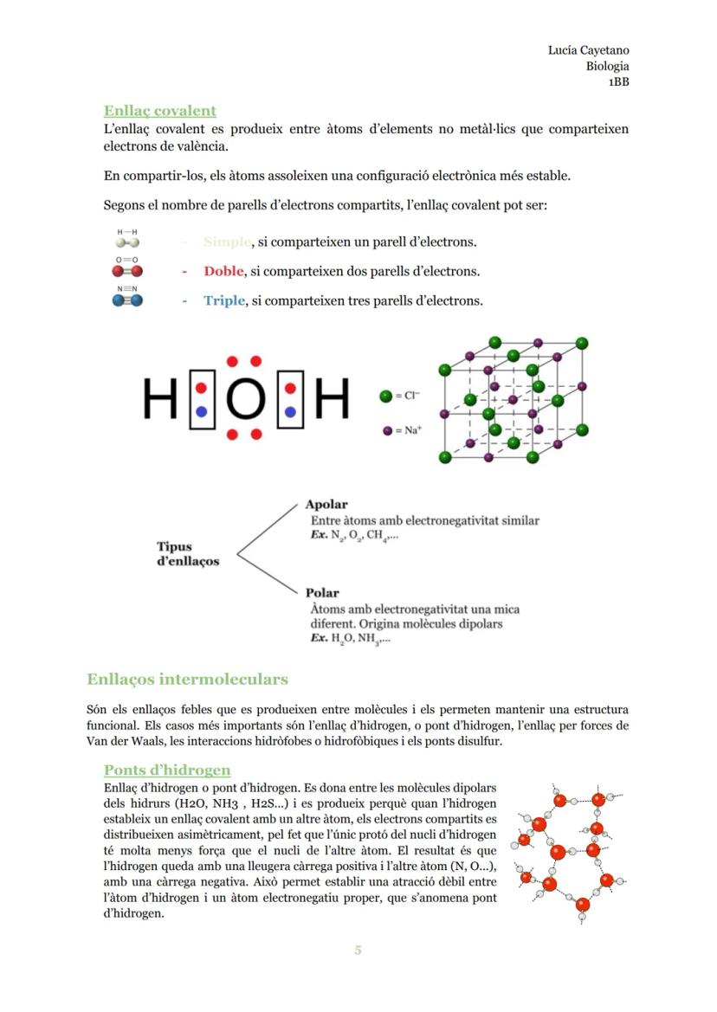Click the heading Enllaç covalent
[x=159, y=111]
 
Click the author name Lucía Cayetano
[x=588, y=50]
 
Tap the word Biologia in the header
[x=607, y=66]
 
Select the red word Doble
[x=224, y=271]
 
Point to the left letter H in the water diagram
[x=160, y=400]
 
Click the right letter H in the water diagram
[x=332, y=400]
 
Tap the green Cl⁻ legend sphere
[x=386, y=396]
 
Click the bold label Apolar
[x=326, y=504]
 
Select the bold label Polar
[x=322, y=593]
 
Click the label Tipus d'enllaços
[x=187, y=554]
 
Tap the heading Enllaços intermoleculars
[x=187, y=679]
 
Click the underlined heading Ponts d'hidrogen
[x=167, y=770]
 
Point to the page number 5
[x=358, y=951]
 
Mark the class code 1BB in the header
[x=617, y=82]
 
